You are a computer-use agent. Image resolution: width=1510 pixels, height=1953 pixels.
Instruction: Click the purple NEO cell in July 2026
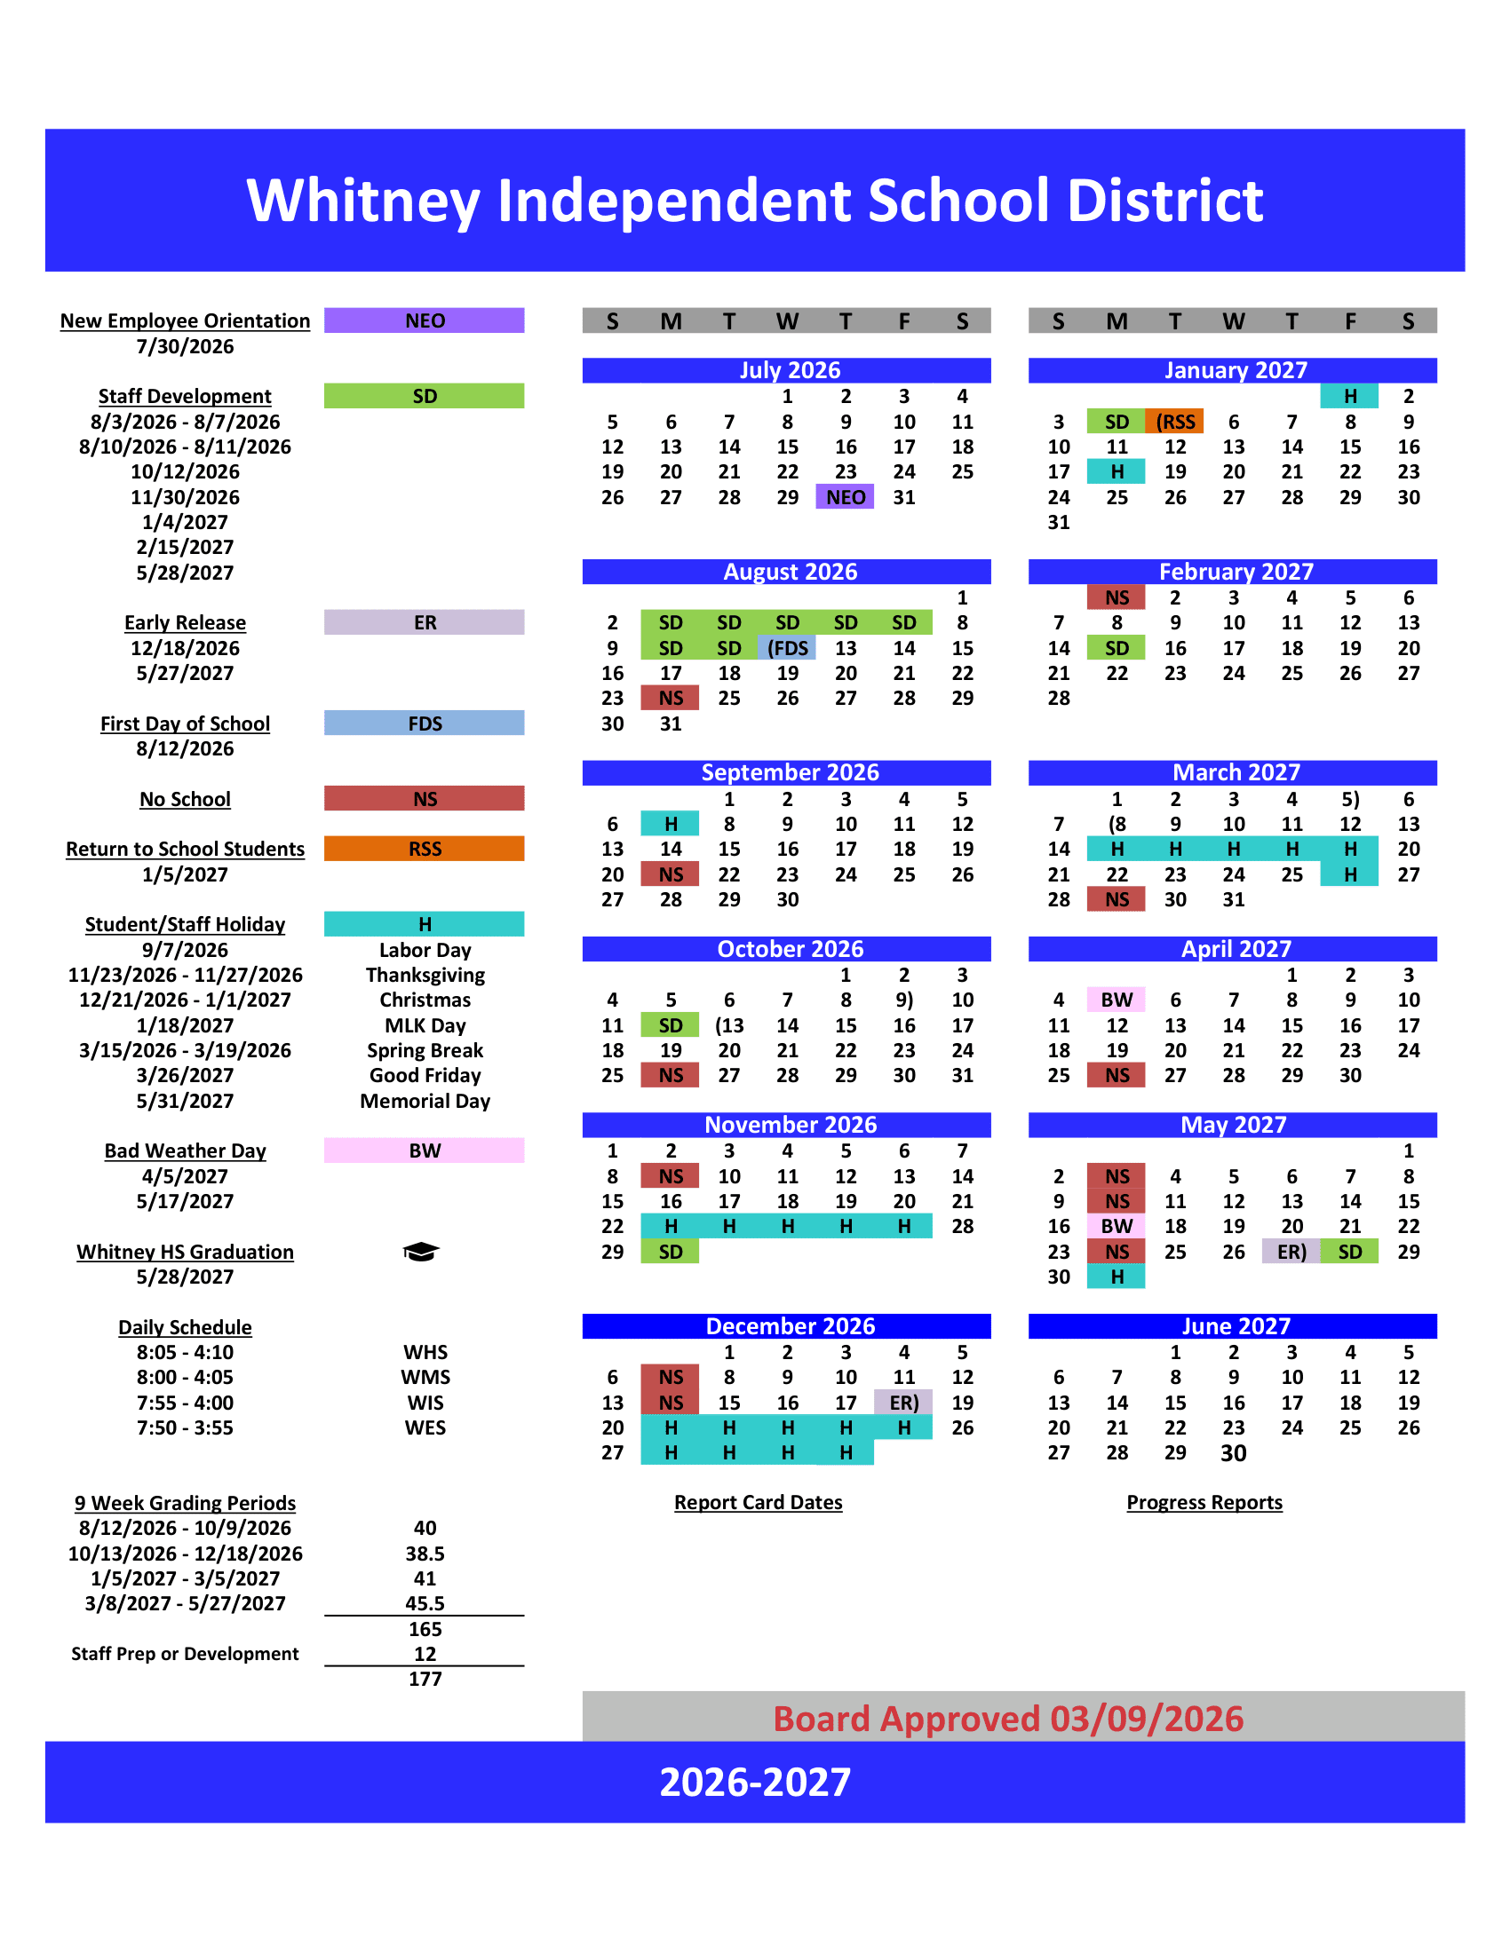pyautogui.click(x=845, y=497)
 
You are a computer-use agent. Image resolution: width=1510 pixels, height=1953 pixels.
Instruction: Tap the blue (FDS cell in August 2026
pyautogui.click(x=787, y=648)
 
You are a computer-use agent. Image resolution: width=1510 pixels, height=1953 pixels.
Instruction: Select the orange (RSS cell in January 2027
pyautogui.click(x=1174, y=421)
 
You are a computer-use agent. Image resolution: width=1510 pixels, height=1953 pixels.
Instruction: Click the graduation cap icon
pyautogui.click(x=420, y=1252)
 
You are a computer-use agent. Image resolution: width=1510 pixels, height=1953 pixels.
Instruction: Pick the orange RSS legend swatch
pyautogui.click(x=424, y=849)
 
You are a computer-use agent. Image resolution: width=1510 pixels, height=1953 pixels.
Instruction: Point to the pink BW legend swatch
pyautogui.click(x=424, y=1150)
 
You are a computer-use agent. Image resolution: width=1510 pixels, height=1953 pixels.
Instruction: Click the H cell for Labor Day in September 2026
pyautogui.click(x=670, y=824)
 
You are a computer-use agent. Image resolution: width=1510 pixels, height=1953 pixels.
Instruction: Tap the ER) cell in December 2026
pyautogui.click(x=903, y=1403)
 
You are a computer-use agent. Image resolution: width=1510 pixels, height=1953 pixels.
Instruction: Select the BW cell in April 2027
pyautogui.click(x=1117, y=1000)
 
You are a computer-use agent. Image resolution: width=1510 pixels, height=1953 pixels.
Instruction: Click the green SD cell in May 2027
pyautogui.click(x=1350, y=1252)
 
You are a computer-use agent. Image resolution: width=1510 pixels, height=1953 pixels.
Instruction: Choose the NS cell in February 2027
pyautogui.click(x=1117, y=597)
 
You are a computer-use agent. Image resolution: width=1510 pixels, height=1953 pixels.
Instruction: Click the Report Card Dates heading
pyautogui.click(x=758, y=1502)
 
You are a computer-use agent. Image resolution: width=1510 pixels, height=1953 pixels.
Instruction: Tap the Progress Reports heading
pyautogui.click(x=1204, y=1502)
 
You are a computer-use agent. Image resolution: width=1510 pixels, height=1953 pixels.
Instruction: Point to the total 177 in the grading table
pyautogui.click(x=425, y=1680)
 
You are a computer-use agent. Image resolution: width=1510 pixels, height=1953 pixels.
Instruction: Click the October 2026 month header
pyautogui.click(x=790, y=949)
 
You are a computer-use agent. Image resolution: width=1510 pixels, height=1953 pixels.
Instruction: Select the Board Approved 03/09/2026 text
pyautogui.click(x=1008, y=1719)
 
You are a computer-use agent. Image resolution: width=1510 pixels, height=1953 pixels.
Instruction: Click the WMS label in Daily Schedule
pyautogui.click(x=425, y=1377)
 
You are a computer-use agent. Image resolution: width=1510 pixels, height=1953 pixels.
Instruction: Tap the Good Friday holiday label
pyautogui.click(x=425, y=1075)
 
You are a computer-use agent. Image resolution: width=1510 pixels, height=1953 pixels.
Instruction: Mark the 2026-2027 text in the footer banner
pyautogui.click(x=755, y=1783)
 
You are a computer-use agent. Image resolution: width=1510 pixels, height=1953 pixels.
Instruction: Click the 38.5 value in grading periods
pyautogui.click(x=425, y=1554)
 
